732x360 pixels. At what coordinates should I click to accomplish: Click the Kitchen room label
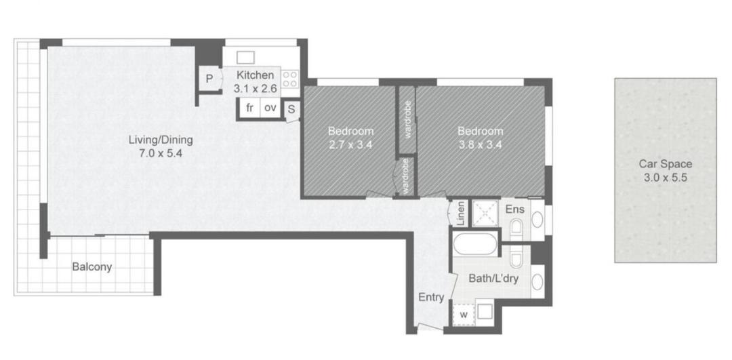coord(254,75)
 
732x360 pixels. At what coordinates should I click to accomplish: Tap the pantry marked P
coord(209,79)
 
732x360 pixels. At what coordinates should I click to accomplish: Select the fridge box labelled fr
coord(249,108)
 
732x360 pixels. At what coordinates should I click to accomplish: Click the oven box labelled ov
coord(270,108)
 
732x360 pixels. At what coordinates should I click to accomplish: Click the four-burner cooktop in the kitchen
coord(290,79)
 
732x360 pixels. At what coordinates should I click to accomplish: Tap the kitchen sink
coord(245,58)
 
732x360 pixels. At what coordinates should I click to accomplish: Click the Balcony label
coord(92,268)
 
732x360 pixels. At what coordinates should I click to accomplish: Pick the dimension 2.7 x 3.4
coord(350,144)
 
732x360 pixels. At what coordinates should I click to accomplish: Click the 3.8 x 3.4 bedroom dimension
coord(481,144)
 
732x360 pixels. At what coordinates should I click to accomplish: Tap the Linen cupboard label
coord(461,214)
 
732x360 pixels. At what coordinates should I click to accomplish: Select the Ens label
coord(515,209)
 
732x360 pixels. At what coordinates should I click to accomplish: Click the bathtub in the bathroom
coord(475,244)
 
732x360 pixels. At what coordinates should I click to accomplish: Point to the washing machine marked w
coord(464,315)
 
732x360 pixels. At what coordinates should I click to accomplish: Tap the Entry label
coord(431,298)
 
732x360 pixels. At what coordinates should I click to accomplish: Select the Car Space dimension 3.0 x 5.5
coord(666,178)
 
